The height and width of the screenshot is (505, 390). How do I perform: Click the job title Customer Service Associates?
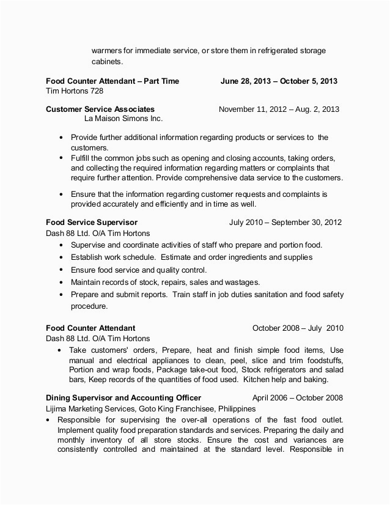pyautogui.click(x=100, y=109)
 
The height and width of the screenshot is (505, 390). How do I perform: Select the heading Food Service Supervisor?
pyautogui.click(x=92, y=222)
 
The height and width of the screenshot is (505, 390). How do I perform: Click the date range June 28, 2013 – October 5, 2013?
pyautogui.click(x=279, y=81)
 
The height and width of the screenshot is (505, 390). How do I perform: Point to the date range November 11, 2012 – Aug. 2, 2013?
pyautogui.click(x=279, y=109)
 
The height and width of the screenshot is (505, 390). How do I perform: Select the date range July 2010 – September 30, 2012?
pyautogui.click(x=285, y=222)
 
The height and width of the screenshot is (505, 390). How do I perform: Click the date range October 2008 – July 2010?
pyautogui.click(x=298, y=328)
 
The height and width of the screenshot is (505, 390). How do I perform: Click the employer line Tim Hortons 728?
pyautogui.click(x=75, y=91)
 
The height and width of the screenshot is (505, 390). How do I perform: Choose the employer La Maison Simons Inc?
pyautogui.click(x=123, y=119)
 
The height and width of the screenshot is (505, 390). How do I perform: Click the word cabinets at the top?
pyautogui.click(x=107, y=61)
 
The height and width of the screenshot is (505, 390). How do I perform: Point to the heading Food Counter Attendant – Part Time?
pyautogui.click(x=112, y=81)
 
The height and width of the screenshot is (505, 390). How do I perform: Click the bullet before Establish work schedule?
pyautogui.click(x=62, y=257)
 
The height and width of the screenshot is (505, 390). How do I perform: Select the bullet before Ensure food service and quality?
pyautogui.click(x=62, y=270)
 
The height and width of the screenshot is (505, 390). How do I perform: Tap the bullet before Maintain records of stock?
pyautogui.click(x=62, y=282)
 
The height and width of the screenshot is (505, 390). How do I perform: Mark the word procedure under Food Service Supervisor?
pyautogui.click(x=89, y=306)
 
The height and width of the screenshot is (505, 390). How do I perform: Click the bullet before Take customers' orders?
pyautogui.click(x=59, y=350)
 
